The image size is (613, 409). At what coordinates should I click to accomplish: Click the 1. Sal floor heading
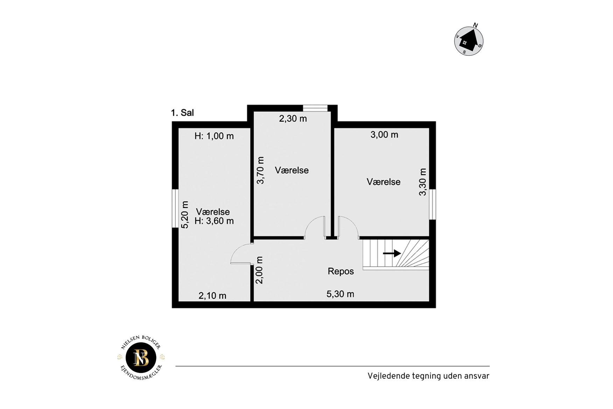(x=182, y=113)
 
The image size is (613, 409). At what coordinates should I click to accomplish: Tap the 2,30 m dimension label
(x=293, y=119)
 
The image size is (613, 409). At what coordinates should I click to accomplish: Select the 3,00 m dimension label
(x=384, y=135)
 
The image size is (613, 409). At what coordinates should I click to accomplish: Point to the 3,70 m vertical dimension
(x=260, y=170)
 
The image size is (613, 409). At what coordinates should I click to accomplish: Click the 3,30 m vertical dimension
(x=423, y=182)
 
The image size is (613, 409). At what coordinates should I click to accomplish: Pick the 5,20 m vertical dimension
(x=185, y=214)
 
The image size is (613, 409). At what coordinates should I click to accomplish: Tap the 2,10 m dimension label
(x=213, y=296)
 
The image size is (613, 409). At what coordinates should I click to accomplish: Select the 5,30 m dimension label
(x=340, y=294)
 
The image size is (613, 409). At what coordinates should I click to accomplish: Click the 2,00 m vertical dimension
(x=259, y=270)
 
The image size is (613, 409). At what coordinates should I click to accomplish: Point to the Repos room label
(x=341, y=271)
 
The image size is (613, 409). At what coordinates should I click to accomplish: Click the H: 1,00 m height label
(x=214, y=136)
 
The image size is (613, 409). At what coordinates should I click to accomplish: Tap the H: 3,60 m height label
(x=214, y=221)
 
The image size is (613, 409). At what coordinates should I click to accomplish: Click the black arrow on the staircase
(x=392, y=253)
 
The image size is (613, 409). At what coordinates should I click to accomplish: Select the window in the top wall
(x=315, y=108)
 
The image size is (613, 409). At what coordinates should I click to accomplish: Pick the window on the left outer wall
(x=175, y=209)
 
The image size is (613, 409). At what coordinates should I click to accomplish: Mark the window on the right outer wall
(x=433, y=204)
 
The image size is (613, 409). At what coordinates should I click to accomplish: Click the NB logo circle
(x=141, y=357)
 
